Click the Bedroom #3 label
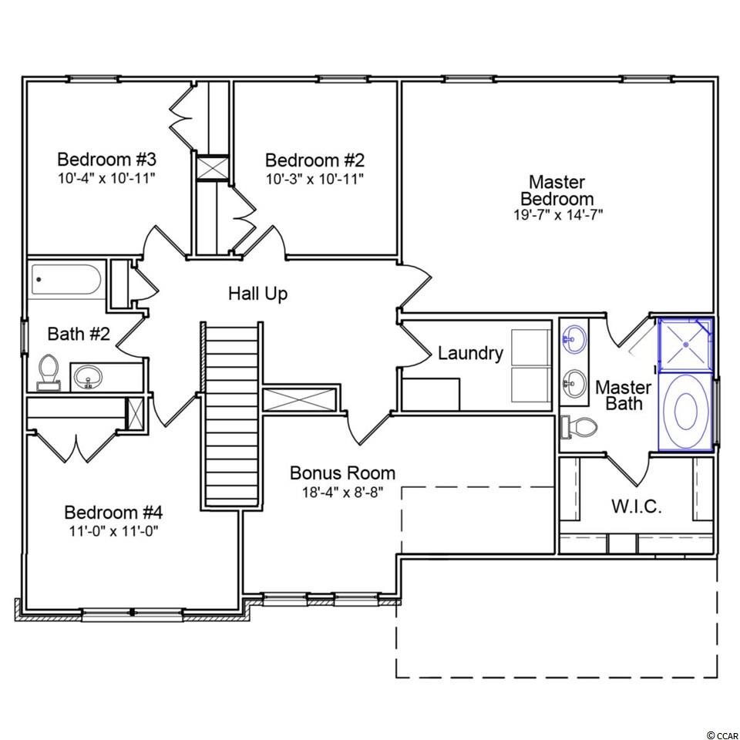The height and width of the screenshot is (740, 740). pyautogui.click(x=106, y=160)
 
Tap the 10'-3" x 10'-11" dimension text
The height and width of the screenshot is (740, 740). pyautogui.click(x=314, y=179)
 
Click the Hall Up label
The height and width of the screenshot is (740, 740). pyautogui.click(x=257, y=294)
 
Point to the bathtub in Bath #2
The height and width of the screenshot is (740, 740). pyautogui.click(x=66, y=280)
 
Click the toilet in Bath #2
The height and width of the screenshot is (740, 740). pyautogui.click(x=48, y=372)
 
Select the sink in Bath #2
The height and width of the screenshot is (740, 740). pyautogui.click(x=88, y=376)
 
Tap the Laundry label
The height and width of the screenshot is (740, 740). pyautogui.click(x=470, y=353)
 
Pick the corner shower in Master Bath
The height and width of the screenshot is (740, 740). pyautogui.click(x=685, y=345)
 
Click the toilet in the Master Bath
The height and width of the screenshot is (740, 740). pyautogui.click(x=579, y=427)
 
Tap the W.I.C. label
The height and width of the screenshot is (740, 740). pyautogui.click(x=637, y=506)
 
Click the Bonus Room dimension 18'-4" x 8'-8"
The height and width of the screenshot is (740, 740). pyautogui.click(x=342, y=493)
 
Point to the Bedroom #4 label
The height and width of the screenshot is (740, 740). pyautogui.click(x=113, y=512)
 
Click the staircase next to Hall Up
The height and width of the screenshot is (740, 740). pyautogui.click(x=232, y=415)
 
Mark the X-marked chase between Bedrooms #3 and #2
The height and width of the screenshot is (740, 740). pyautogui.click(x=213, y=167)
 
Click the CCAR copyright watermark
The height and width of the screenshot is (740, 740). pyautogui.click(x=722, y=735)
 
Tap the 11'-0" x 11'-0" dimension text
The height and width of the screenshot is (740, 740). pyautogui.click(x=113, y=531)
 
